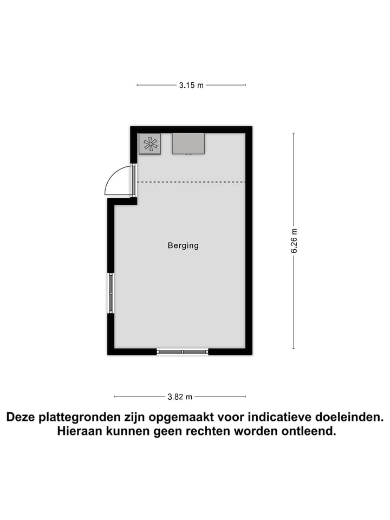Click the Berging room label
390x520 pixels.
tap(183, 245)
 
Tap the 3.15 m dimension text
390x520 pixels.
tap(191, 85)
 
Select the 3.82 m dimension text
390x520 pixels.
tap(180, 396)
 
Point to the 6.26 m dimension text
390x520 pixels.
tap(294, 240)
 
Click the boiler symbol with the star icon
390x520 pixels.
tap(150, 144)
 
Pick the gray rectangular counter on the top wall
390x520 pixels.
tap(188, 144)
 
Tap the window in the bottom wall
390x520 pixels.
tap(183, 352)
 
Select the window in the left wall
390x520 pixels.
tap(110, 293)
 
